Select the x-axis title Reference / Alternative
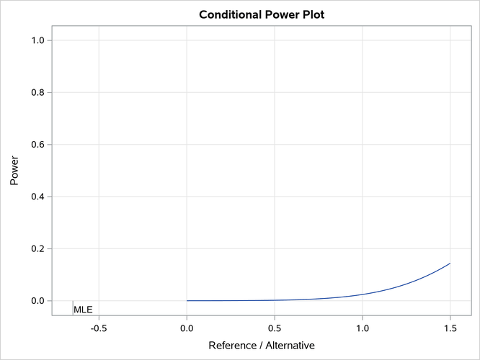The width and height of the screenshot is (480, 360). pos(261,346)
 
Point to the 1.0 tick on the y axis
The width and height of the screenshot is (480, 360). pos(36,40)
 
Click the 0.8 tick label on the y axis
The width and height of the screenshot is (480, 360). pos(36,93)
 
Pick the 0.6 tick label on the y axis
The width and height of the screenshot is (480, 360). pos(36,145)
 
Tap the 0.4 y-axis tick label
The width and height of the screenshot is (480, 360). pos(36,197)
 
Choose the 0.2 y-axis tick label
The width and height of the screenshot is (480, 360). pos(36,248)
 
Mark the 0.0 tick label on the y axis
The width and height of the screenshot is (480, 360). pos(36,301)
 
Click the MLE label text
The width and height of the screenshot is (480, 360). pos(83,310)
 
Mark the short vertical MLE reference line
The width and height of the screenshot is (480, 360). pos(73,307)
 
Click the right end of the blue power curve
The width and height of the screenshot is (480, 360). pos(450,264)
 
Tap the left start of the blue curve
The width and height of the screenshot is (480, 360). pos(187,301)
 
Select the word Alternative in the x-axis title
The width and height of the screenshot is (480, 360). pos(288,346)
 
